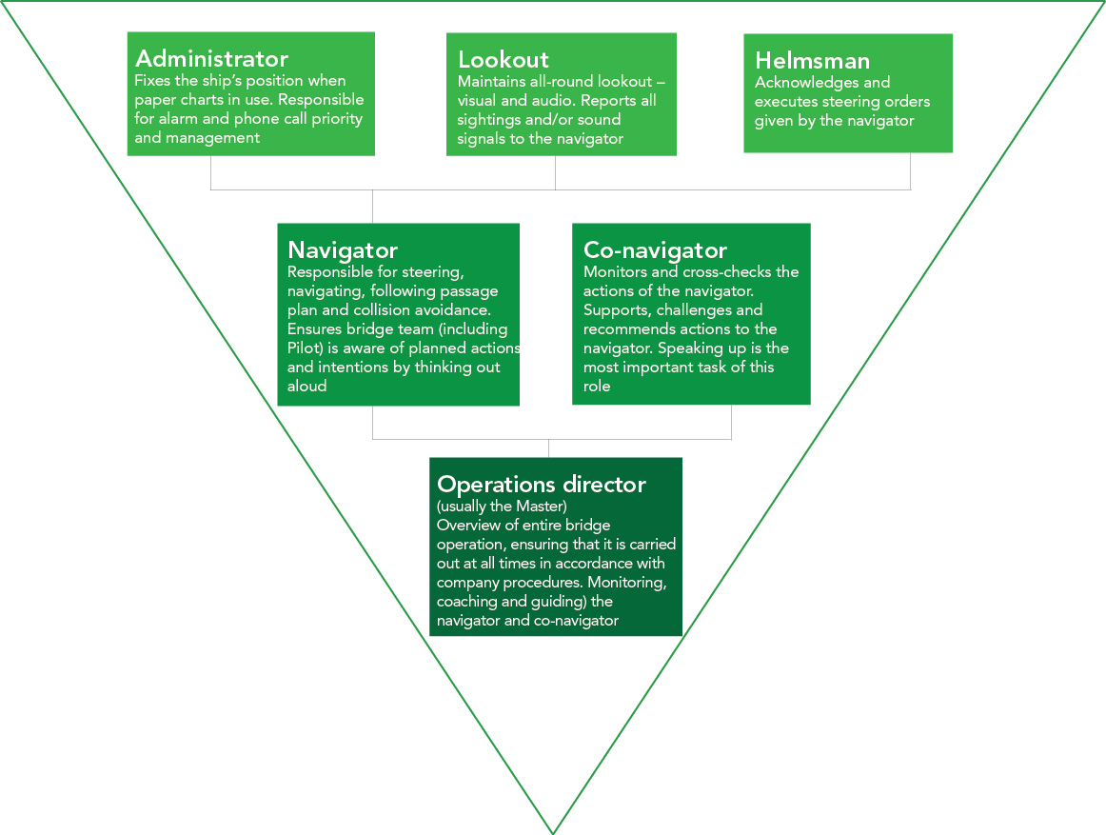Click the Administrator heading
[211, 59]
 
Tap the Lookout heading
[504, 59]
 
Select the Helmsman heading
[812, 61]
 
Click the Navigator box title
[343, 250]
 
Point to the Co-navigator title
[655, 250]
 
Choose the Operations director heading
[541, 485]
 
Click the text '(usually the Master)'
[502, 506]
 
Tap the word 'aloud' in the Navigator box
[306, 387]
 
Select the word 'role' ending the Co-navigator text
[597, 386]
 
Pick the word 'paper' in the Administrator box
[155, 100]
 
